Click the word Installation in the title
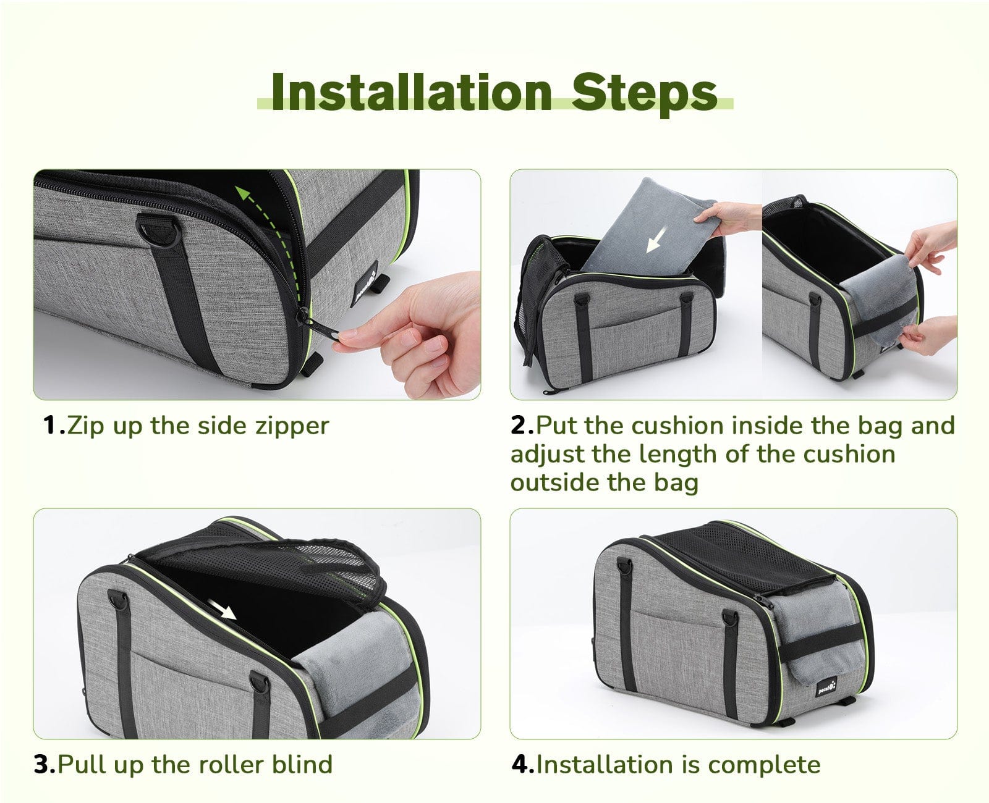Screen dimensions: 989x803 pos(412,93)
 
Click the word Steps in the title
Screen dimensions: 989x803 pos(645,95)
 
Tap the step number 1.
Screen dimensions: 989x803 pos(53,426)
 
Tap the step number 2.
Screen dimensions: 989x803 pos(522,426)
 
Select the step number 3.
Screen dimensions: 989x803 pos(45,764)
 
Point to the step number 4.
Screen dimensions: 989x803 pos(524,764)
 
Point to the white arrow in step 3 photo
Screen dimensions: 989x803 pos(222,609)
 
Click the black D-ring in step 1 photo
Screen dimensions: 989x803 pos(158,230)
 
